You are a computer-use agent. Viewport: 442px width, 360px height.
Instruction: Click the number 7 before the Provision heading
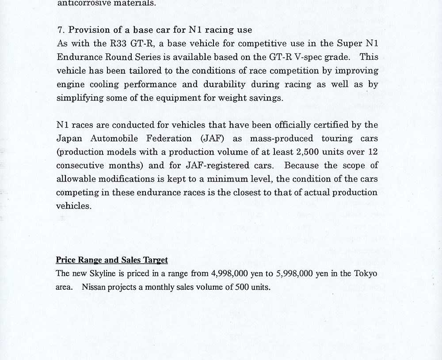pyautogui.click(x=60, y=30)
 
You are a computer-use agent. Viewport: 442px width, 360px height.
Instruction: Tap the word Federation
pyautogui.click(x=171, y=138)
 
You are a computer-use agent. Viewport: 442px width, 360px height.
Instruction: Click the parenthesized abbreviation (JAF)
pyautogui.click(x=213, y=138)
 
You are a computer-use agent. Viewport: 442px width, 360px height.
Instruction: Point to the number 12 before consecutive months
pyautogui.click(x=372, y=152)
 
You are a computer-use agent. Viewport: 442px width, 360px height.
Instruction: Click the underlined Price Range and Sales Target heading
pyautogui.click(x=111, y=260)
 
